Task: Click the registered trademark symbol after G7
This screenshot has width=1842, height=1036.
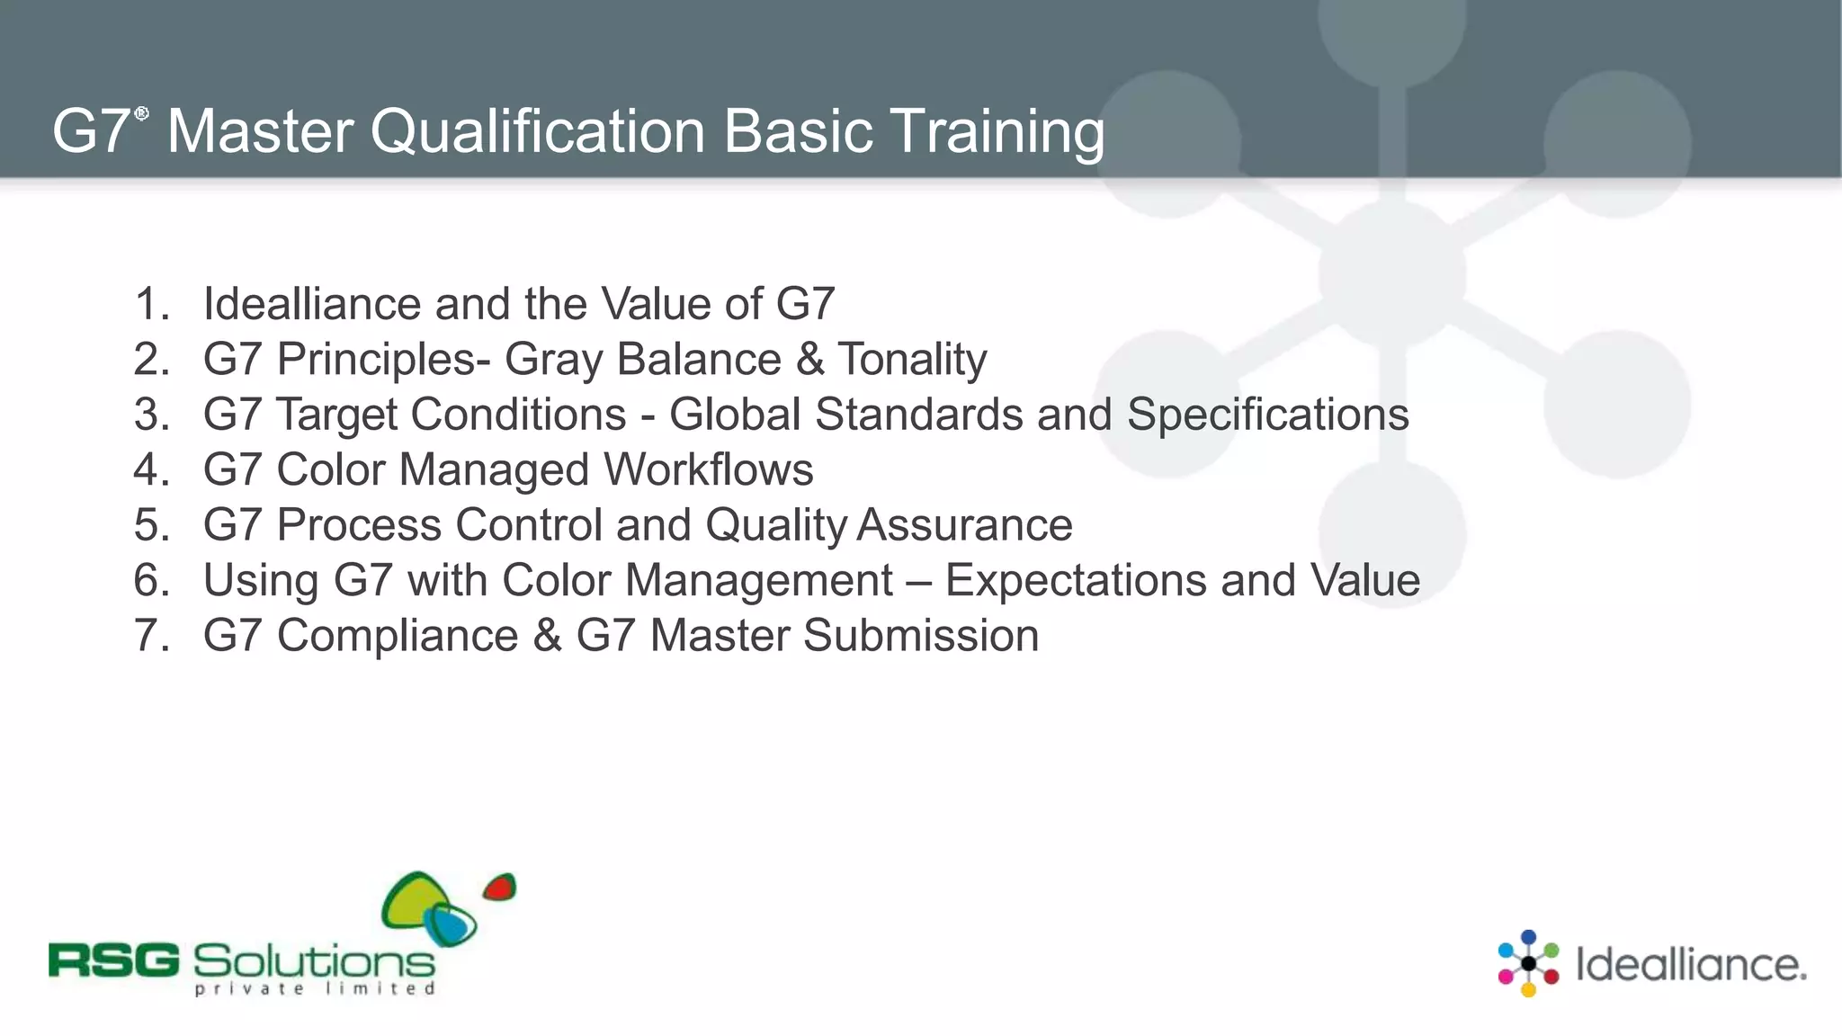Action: pos(141,113)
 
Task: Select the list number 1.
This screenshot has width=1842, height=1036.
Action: pos(150,304)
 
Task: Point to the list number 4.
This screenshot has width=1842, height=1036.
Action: pos(150,469)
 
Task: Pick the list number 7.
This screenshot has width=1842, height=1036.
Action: pos(150,636)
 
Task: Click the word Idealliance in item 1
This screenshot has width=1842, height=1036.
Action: pos(311,304)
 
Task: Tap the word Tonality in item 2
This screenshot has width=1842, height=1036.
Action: pos(912,360)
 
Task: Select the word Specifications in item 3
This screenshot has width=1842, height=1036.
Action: pos(1267,415)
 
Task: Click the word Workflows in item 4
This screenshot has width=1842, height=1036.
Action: pos(708,469)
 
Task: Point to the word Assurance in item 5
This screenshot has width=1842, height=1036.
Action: pos(964,525)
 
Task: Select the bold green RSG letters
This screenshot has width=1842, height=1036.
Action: pos(114,961)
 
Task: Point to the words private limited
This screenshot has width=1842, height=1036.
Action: pos(315,989)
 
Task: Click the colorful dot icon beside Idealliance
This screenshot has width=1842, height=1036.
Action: pos(1527,964)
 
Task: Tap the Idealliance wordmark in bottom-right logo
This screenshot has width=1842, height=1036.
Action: pos(1690,965)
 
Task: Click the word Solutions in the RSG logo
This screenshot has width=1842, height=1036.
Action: pos(314,961)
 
